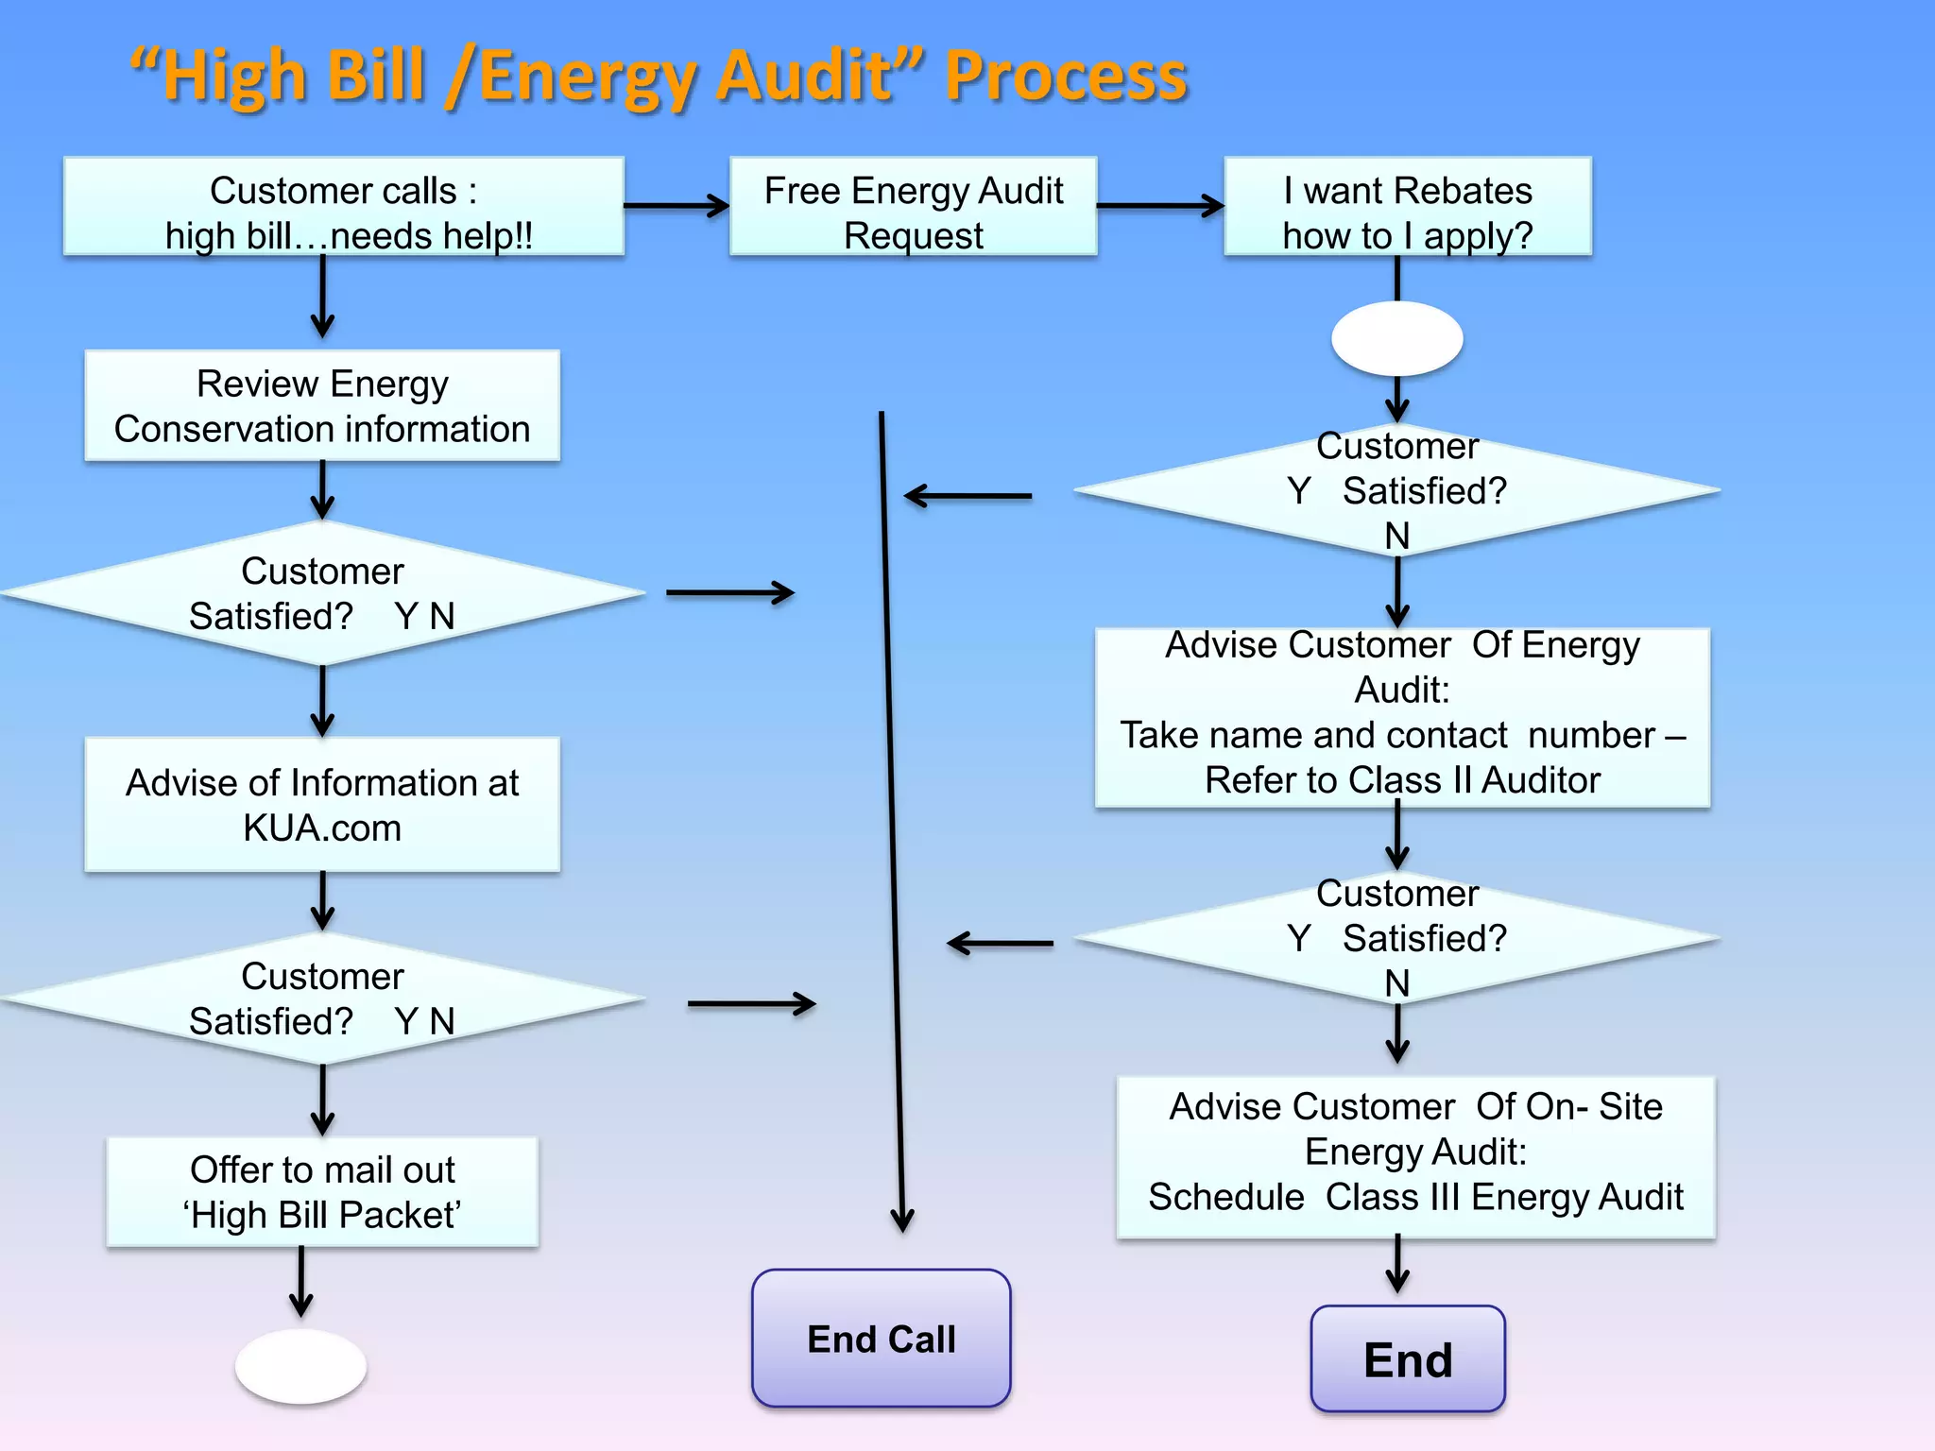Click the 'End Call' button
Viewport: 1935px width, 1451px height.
881,1339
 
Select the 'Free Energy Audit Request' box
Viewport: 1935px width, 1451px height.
913,207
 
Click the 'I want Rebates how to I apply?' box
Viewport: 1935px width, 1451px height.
1407,207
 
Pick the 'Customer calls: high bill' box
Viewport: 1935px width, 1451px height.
344,207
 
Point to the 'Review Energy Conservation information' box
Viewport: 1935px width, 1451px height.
322,406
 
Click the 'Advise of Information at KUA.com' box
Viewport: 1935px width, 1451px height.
322,805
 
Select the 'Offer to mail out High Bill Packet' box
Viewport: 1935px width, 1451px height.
322,1192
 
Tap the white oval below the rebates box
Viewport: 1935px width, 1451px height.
1396,338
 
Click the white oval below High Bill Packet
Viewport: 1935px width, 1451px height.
300,1366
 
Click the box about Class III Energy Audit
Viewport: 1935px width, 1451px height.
1415,1157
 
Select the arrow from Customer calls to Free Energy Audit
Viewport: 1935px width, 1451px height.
676,206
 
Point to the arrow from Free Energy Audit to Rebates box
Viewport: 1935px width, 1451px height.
1160,206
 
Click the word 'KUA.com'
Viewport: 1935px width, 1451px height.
322,828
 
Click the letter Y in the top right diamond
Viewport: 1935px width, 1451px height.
1299,491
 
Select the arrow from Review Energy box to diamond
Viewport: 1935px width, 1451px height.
322,491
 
